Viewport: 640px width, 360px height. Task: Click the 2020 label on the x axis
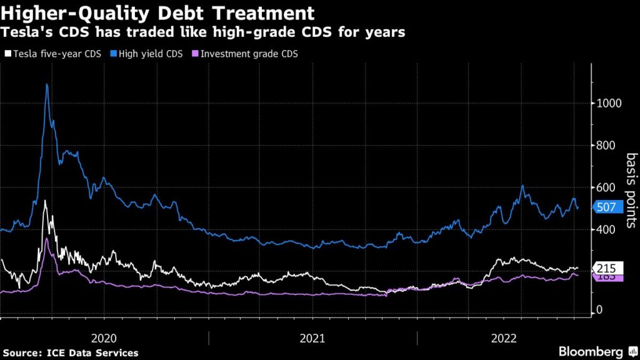pyautogui.click(x=104, y=338)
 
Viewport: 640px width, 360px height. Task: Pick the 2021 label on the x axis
pyautogui.click(x=312, y=338)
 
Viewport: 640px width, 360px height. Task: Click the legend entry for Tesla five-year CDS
pyautogui.click(x=47, y=54)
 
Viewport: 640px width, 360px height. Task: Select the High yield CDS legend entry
pyautogui.click(x=147, y=54)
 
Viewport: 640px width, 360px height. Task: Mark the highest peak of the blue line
pyautogui.click(x=47, y=84)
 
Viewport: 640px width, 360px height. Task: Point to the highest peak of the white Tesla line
pyautogui.click(x=44, y=201)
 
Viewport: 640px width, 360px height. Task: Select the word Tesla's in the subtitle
pyautogui.click(x=27, y=32)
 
